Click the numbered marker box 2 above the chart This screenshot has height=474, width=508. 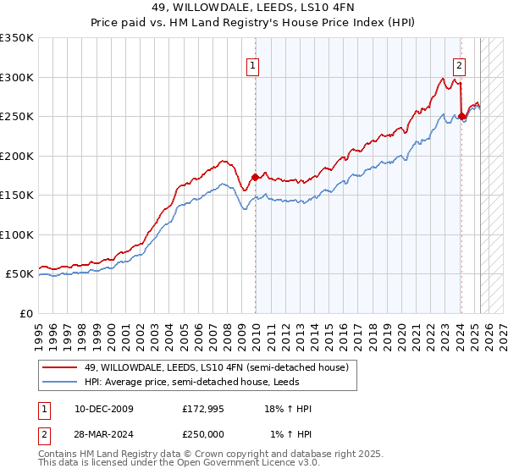pos(459,66)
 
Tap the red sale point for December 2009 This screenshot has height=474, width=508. pos(255,177)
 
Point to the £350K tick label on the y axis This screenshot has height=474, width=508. pos(17,38)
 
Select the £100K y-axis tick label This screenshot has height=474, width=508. pos(17,234)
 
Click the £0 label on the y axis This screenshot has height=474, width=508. pos(26,313)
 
